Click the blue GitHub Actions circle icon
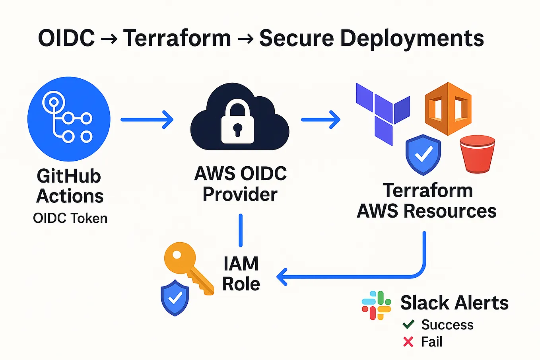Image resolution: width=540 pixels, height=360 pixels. pyautogui.click(x=69, y=119)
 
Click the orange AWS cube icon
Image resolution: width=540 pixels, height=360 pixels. pyautogui.click(x=448, y=109)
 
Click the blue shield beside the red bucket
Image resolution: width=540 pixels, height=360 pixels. pyautogui.click(x=423, y=155)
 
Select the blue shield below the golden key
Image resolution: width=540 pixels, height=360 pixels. pyautogui.click(x=175, y=298)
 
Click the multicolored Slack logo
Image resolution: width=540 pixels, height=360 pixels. pyautogui.click(x=376, y=306)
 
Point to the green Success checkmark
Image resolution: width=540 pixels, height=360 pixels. pyautogui.click(x=408, y=325)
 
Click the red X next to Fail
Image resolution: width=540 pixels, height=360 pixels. pyautogui.click(x=408, y=342)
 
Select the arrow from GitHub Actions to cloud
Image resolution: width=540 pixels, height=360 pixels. pyautogui.click(x=147, y=119)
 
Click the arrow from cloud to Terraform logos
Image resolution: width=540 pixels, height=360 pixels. pyautogui.click(x=321, y=119)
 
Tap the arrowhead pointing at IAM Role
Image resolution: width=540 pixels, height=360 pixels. pyautogui.click(x=282, y=277)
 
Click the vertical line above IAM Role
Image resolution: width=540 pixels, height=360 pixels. pyautogui.click(x=241, y=230)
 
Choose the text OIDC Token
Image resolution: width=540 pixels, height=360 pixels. pyautogui.click(x=70, y=218)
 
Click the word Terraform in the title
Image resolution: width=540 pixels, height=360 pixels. pyautogui.click(x=177, y=39)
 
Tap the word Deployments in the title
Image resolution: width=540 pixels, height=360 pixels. pyautogui.click(x=412, y=39)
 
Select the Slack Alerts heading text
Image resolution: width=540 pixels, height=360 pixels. pyautogui.click(x=454, y=303)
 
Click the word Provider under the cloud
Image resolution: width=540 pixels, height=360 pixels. pyautogui.click(x=240, y=195)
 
